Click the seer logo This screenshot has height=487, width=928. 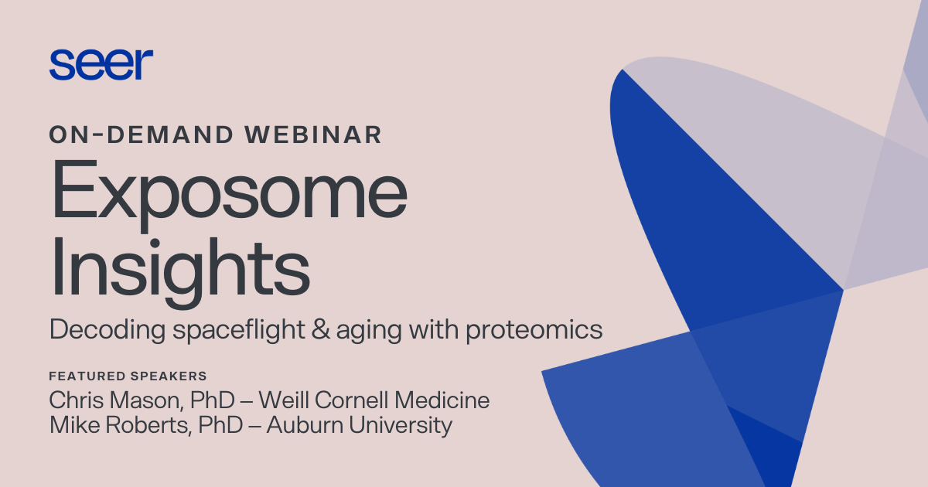[101, 64]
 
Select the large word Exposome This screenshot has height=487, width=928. [229, 194]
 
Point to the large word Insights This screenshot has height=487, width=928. [179, 267]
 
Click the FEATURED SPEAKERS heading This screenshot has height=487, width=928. [128, 376]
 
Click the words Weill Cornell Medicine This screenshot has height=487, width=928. [374, 400]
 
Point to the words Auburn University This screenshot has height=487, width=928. [359, 425]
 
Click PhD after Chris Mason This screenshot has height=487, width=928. [204, 400]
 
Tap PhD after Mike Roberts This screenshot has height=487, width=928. [212, 425]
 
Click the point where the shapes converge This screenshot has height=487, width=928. [842, 291]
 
